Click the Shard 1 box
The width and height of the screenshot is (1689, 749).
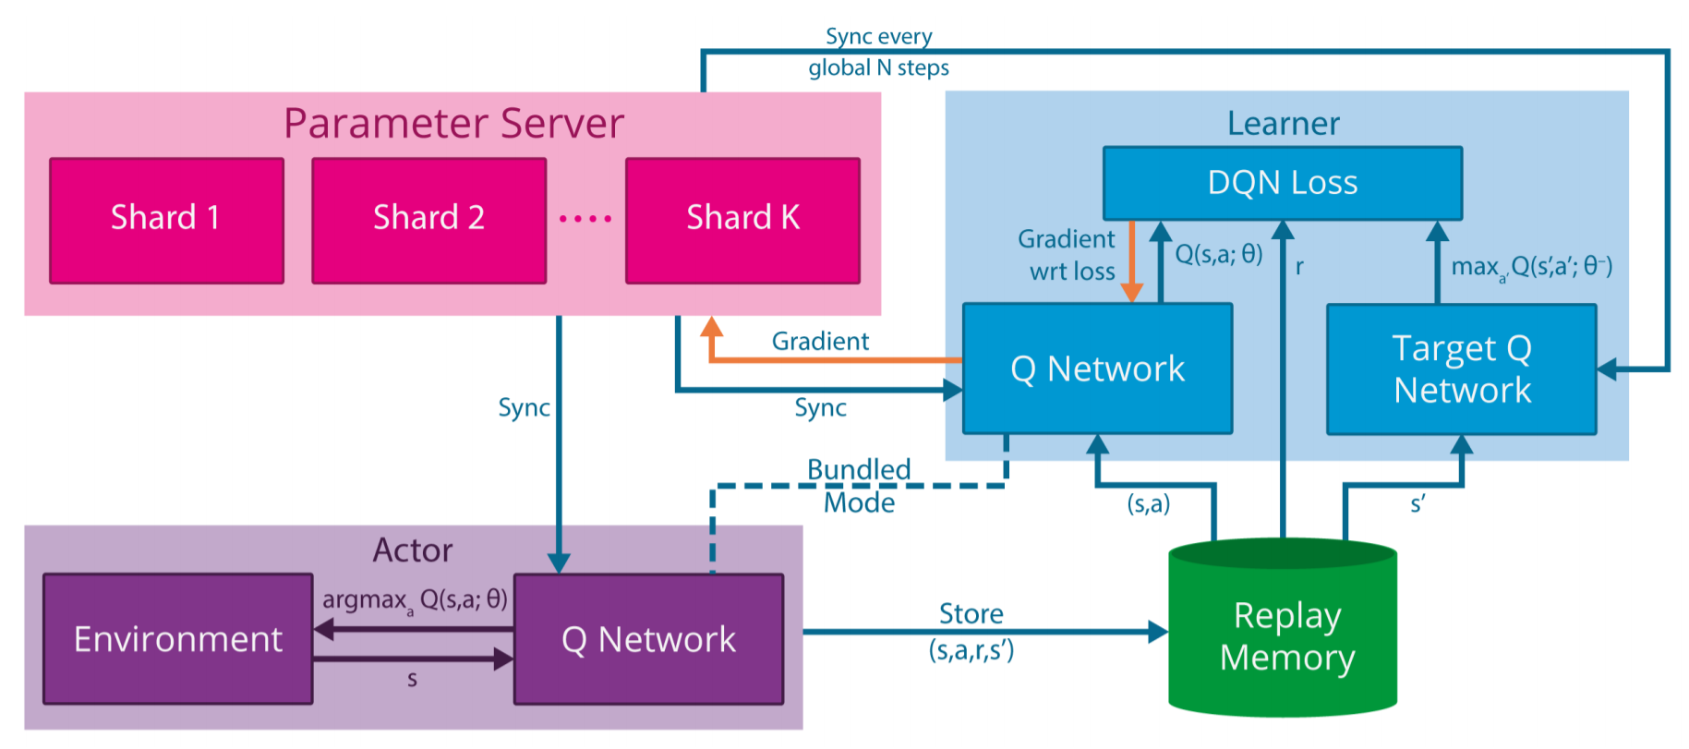(x=166, y=220)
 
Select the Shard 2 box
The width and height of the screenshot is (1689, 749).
(x=428, y=220)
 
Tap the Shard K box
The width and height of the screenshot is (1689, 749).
(x=742, y=220)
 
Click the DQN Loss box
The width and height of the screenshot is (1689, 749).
(x=1282, y=183)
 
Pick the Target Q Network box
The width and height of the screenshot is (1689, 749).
(x=1461, y=369)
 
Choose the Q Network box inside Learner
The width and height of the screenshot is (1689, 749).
(x=1097, y=368)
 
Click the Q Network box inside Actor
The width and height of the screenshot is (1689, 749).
(x=648, y=639)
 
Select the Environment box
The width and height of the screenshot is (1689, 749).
(x=178, y=639)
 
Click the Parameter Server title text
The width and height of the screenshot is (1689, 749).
(x=453, y=124)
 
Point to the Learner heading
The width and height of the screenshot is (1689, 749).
(x=1283, y=124)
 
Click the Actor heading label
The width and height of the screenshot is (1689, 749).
(x=413, y=550)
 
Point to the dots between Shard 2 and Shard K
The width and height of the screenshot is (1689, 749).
(x=585, y=219)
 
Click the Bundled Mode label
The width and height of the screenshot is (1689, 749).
(x=859, y=486)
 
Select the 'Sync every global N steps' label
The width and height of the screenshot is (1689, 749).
(x=878, y=52)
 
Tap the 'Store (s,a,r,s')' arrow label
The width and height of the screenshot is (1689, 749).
(x=971, y=632)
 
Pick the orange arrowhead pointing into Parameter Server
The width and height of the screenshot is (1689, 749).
(x=711, y=327)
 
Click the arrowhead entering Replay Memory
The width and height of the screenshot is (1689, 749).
(x=1158, y=632)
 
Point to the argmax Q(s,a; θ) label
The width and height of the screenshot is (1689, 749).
(x=415, y=600)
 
